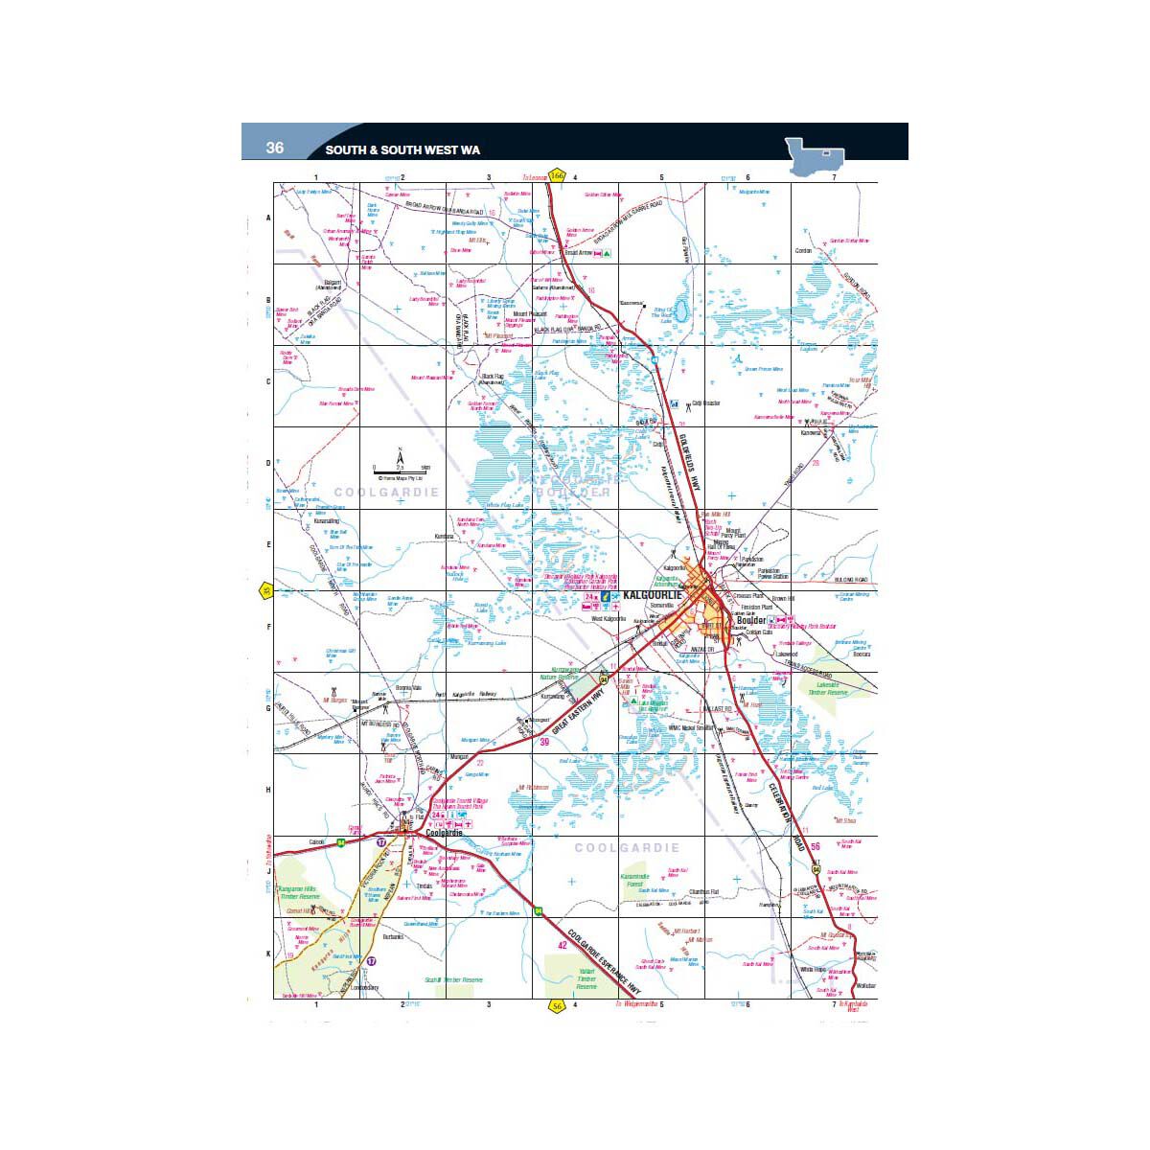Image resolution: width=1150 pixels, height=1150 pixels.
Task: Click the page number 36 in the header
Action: pos(275,148)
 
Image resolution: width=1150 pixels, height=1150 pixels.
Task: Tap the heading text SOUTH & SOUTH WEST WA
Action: pos(402,150)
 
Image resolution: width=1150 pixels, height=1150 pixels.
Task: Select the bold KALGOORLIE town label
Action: pos(651,596)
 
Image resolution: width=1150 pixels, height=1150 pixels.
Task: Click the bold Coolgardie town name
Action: pos(444,833)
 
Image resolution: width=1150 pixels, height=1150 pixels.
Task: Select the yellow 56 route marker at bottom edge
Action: pos(557,1005)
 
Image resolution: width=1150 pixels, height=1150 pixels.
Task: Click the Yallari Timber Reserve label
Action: pos(586,978)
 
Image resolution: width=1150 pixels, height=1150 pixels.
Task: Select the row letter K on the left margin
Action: pos(268,954)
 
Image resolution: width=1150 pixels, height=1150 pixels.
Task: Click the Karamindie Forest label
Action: pos(634,881)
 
